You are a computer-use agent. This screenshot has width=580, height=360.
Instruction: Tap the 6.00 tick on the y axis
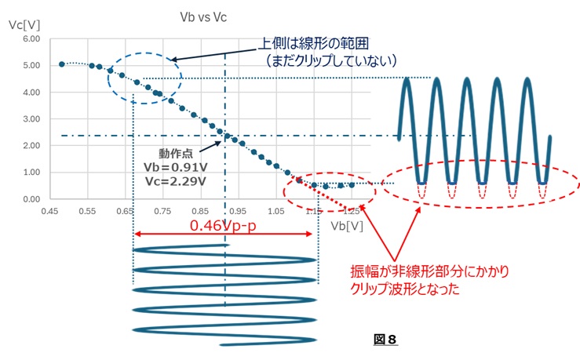coord(31,38)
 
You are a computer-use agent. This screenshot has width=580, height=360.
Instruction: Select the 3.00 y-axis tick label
coord(31,119)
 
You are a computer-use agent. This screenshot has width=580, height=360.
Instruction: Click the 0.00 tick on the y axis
coord(31,199)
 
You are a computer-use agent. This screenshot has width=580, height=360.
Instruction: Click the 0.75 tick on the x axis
coord(162,211)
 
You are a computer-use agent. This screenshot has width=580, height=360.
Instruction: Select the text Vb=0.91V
coord(176,167)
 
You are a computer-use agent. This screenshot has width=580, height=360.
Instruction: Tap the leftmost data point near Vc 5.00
coord(62,64)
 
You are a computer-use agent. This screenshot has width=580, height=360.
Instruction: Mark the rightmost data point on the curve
coord(351,184)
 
